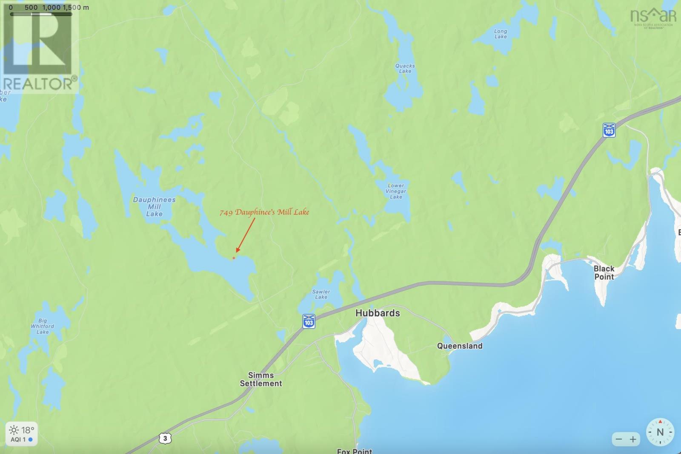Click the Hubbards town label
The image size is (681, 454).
(x=378, y=313)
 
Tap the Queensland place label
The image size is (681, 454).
(x=460, y=346)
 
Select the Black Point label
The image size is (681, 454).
(x=604, y=272)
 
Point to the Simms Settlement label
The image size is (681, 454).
(x=260, y=379)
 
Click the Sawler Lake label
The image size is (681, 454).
(x=321, y=294)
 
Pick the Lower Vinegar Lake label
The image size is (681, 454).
(x=396, y=191)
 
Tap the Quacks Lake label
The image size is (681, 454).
(x=405, y=69)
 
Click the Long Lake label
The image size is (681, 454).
(x=501, y=34)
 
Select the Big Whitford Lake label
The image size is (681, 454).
(x=42, y=326)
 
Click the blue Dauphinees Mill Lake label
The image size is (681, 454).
(x=154, y=206)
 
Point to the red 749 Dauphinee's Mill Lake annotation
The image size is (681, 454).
(x=264, y=212)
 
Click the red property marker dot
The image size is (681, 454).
(x=234, y=258)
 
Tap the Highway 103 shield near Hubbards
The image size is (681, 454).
(x=309, y=321)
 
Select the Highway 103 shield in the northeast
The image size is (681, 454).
(x=609, y=130)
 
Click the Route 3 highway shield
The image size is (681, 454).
(x=165, y=438)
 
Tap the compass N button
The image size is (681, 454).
(x=660, y=432)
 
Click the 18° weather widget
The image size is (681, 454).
(x=21, y=434)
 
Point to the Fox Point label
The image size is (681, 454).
(x=354, y=451)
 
